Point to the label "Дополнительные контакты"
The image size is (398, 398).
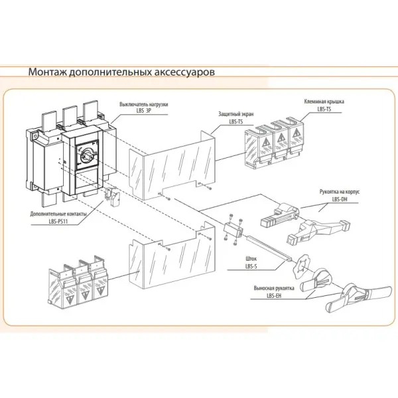pyautogui.click(x=58, y=214)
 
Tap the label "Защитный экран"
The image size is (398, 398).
pyautogui.click(x=232, y=115)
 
